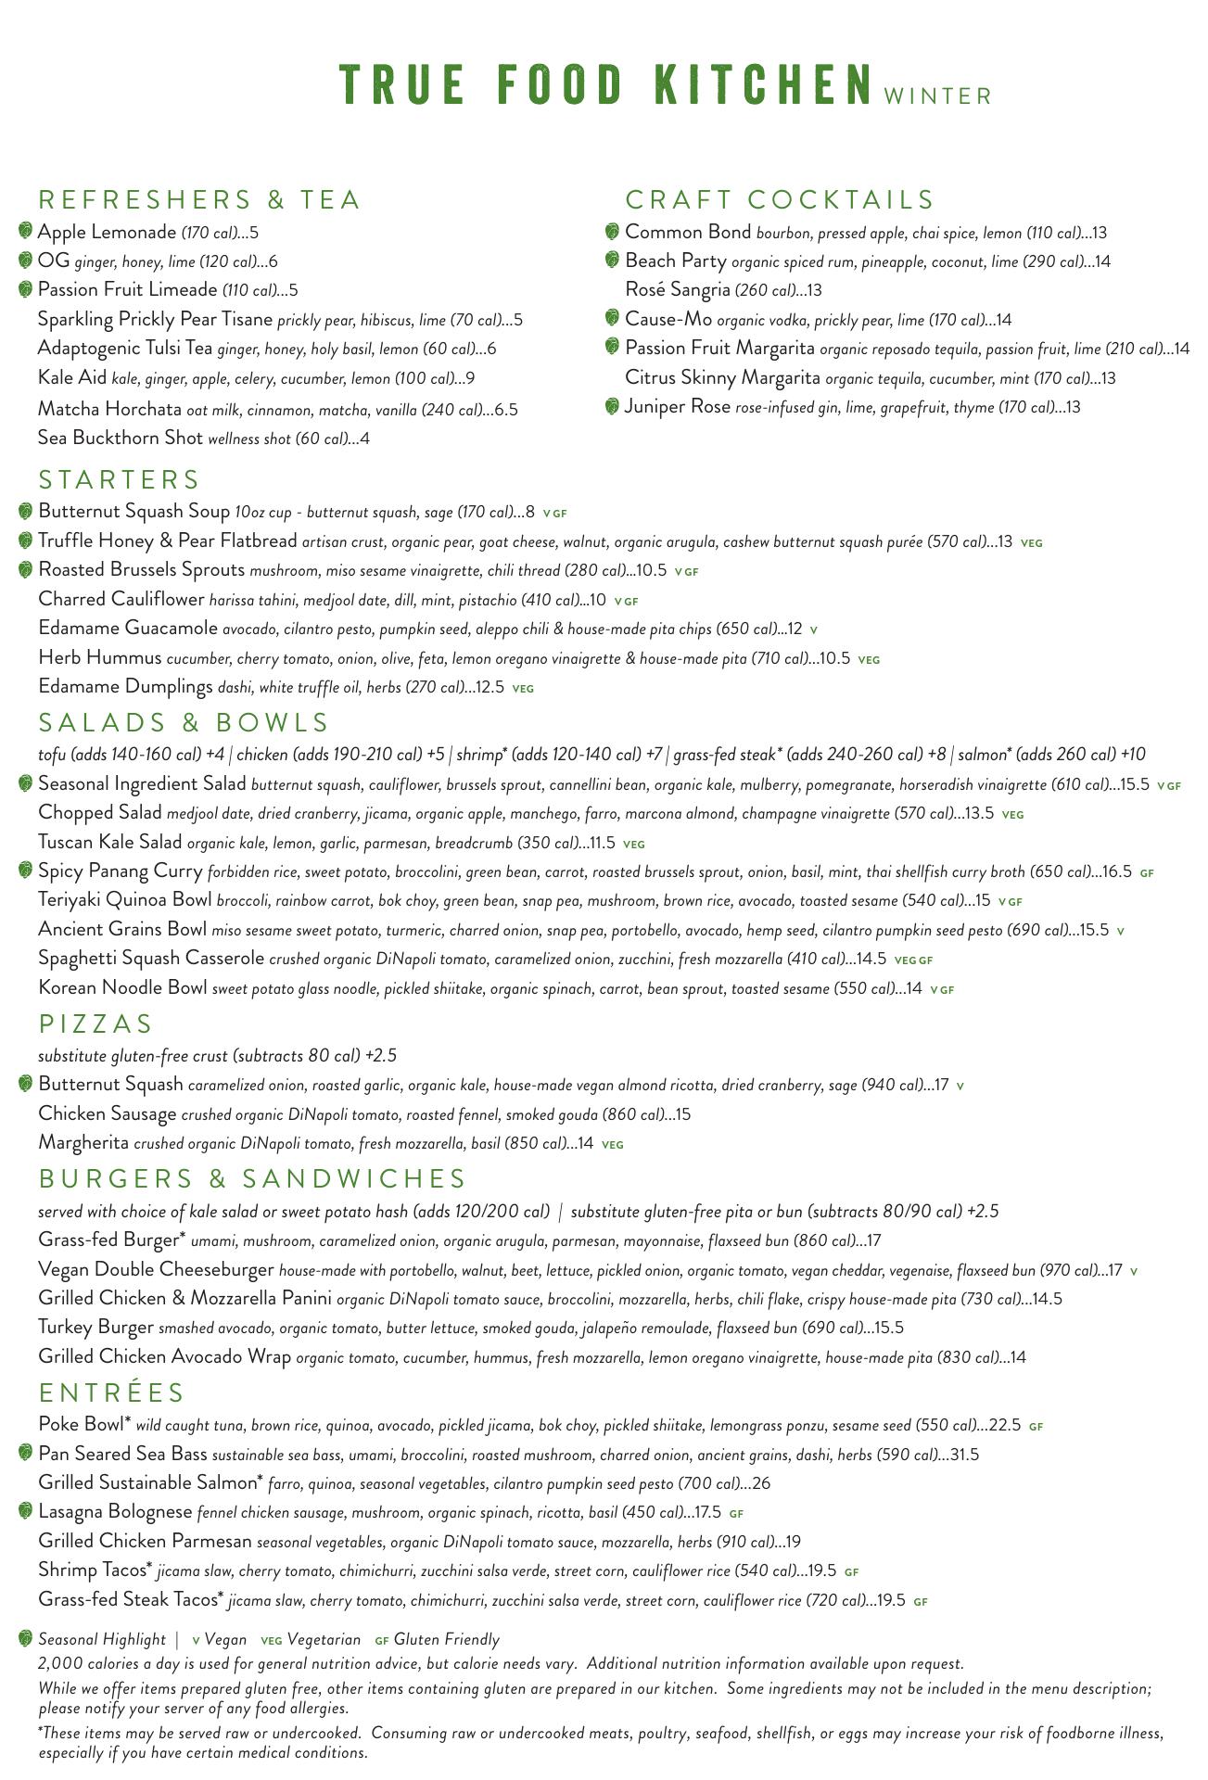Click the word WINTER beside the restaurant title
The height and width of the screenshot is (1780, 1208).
(938, 96)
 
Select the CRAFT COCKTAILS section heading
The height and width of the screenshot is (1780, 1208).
(780, 200)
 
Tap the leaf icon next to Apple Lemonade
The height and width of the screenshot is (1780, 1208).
(26, 231)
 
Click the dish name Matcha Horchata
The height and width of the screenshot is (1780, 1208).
(109, 409)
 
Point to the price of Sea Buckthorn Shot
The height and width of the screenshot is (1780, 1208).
(365, 439)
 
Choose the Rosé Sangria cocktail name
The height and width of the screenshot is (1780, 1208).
(678, 290)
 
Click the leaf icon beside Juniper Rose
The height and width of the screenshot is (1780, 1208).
(612, 406)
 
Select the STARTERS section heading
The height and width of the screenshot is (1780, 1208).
(120, 480)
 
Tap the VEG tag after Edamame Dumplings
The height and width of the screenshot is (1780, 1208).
(523, 689)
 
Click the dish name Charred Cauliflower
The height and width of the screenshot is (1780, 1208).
(121, 599)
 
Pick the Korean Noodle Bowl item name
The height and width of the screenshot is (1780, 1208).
(122, 987)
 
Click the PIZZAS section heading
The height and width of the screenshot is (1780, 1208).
(95, 1024)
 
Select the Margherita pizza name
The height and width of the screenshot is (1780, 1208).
(83, 1143)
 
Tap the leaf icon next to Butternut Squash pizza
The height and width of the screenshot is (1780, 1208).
(26, 1084)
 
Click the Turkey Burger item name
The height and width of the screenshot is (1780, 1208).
(95, 1327)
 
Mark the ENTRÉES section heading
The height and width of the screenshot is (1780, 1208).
(112, 1393)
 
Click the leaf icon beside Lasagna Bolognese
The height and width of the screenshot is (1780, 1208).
(26, 1512)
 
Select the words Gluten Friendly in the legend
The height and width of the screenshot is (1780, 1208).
(446, 1639)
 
